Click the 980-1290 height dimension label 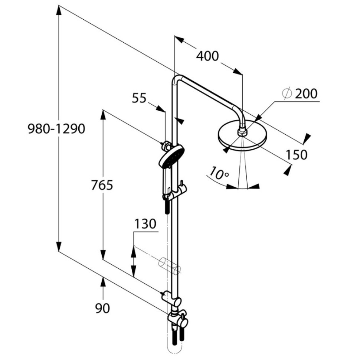[56, 129]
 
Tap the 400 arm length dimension [207, 56]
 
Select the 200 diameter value [306, 94]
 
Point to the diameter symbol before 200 [287, 94]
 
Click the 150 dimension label [297, 155]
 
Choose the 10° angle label [219, 174]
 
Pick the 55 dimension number [139, 98]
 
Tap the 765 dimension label [102, 185]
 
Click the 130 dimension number [145, 224]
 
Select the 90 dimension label [103, 308]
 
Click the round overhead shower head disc [242, 137]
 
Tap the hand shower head [172, 156]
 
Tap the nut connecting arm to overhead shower [242, 132]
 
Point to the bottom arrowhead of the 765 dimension [103, 254]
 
